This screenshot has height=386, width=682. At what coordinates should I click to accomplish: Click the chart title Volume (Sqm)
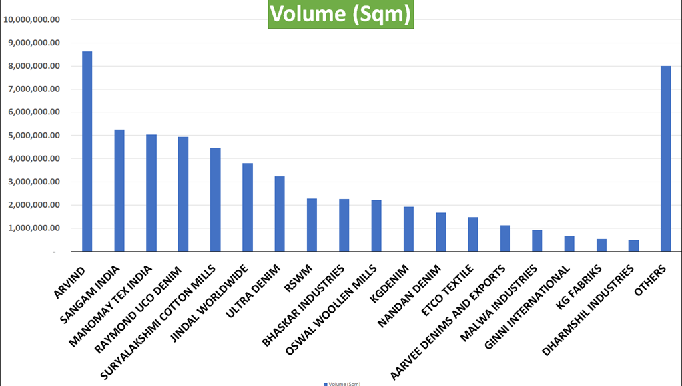(341, 15)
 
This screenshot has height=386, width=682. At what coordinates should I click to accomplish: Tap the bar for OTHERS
(665, 159)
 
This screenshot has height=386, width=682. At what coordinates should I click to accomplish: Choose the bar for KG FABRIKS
(601, 245)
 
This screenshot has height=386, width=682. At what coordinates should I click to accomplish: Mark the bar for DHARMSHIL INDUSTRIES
(633, 246)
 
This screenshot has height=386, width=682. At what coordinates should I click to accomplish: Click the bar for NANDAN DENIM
(440, 232)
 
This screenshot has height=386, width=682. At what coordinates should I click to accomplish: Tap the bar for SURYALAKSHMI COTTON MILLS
(215, 200)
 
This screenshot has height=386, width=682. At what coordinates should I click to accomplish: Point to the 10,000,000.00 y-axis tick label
(32, 19)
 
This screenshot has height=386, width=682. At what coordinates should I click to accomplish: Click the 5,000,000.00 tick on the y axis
(32, 135)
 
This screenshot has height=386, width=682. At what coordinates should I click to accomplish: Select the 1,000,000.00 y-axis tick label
(32, 228)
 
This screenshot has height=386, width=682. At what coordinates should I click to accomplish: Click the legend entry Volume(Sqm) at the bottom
(342, 383)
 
